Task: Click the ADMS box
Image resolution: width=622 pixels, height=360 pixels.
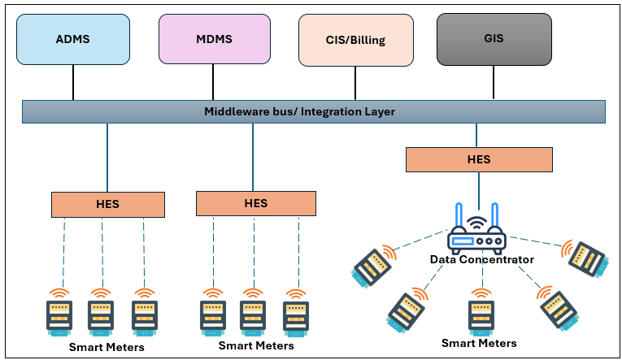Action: (x=72, y=39)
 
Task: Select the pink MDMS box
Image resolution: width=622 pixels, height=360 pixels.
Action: (x=213, y=39)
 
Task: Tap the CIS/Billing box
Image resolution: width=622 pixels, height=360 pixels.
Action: (x=354, y=39)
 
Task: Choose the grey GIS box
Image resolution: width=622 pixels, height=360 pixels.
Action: (x=494, y=39)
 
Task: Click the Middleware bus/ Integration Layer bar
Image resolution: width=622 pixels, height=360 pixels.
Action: (x=312, y=111)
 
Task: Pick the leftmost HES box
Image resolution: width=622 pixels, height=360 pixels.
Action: (x=107, y=204)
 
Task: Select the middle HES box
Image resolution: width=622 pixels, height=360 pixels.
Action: (x=255, y=203)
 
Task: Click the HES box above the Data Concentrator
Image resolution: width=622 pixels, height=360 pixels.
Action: (x=479, y=159)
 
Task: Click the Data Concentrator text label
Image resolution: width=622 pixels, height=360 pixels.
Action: (x=482, y=259)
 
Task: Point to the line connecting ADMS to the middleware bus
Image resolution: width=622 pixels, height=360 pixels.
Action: (x=73, y=82)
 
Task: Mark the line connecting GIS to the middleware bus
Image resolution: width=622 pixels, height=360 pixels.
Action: (x=494, y=82)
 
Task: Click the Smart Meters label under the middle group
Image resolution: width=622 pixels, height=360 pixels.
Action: (x=256, y=345)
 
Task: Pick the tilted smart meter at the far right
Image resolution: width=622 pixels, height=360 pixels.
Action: (x=587, y=251)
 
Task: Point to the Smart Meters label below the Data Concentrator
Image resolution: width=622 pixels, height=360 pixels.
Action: (x=479, y=343)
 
